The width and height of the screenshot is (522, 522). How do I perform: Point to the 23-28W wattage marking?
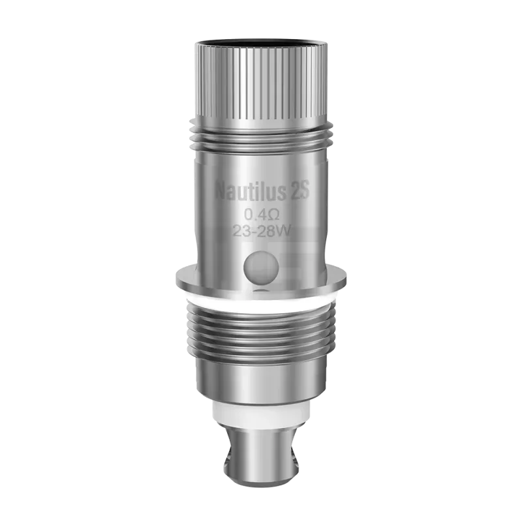coord(261,230)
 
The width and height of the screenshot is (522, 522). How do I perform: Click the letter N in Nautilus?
coord(222,192)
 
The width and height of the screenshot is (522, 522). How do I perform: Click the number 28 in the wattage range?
coord(266,230)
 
